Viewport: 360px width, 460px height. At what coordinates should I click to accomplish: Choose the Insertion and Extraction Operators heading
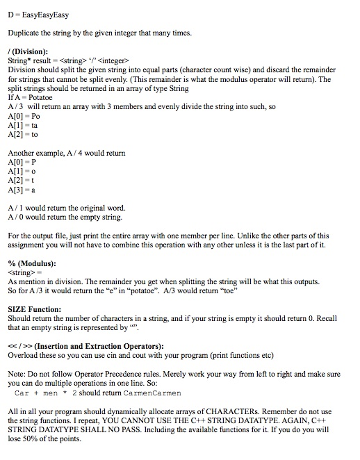click(x=85, y=345)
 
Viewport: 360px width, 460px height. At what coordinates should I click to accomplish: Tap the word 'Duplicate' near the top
click(x=25, y=32)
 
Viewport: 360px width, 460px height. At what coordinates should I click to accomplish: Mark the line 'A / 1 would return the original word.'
click(x=67, y=206)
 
